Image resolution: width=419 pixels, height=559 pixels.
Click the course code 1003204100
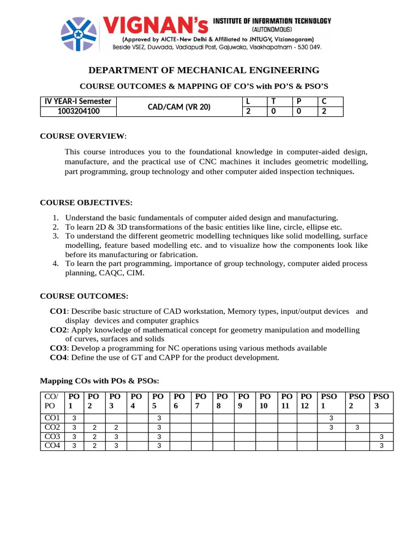click(x=79, y=112)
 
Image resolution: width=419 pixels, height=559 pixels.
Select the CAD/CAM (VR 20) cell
click(x=179, y=107)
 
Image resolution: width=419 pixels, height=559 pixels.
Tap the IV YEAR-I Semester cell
click(x=79, y=102)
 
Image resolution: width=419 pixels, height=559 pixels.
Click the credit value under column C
click(x=324, y=112)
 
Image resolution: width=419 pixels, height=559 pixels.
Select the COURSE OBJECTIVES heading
click(x=86, y=203)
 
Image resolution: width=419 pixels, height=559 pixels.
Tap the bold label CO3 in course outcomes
click(x=58, y=348)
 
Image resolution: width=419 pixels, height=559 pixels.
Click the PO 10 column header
click(x=265, y=401)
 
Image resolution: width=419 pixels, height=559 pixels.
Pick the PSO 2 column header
click(x=357, y=401)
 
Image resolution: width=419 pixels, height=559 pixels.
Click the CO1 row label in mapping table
click(x=52, y=418)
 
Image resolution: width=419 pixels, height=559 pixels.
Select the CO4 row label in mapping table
click(x=52, y=445)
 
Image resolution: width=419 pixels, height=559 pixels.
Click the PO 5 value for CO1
click(x=159, y=418)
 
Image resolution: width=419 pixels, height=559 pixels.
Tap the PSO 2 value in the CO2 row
click(x=357, y=427)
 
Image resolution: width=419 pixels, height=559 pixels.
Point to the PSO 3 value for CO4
click(x=381, y=446)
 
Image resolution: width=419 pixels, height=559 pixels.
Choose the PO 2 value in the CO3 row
click(x=95, y=437)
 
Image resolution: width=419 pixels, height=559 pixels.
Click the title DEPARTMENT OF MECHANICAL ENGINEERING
click(x=204, y=70)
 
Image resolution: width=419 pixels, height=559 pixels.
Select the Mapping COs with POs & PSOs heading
click(x=100, y=380)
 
